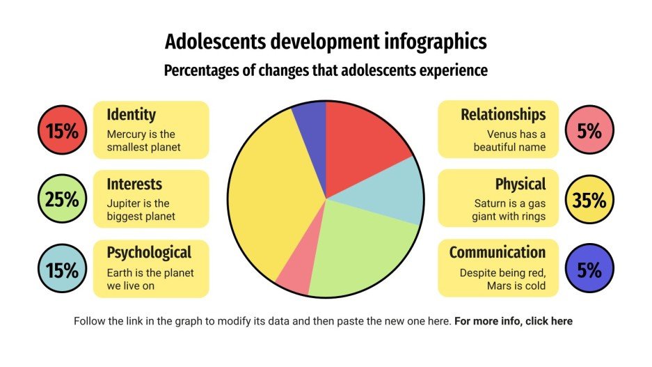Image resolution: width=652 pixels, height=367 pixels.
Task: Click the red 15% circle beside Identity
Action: tap(62, 130)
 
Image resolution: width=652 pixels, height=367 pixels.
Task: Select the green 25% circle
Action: tap(62, 199)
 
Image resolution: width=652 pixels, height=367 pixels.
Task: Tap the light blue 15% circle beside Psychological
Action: tap(62, 270)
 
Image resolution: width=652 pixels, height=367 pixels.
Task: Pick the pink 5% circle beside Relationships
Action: tap(589, 130)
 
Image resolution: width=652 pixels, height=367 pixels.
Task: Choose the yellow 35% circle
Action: tap(589, 200)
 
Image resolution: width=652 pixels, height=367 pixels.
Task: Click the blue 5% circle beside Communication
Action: tap(589, 270)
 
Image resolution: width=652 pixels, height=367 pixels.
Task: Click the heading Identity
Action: tap(131, 114)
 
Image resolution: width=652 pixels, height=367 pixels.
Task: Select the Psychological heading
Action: tap(148, 251)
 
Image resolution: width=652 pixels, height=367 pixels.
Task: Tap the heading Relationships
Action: tap(503, 114)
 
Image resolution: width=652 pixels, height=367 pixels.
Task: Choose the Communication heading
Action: tap(497, 252)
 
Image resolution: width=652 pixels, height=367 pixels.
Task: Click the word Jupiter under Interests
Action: tap(122, 203)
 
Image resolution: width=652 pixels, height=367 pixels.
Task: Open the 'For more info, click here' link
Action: tap(514, 322)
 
